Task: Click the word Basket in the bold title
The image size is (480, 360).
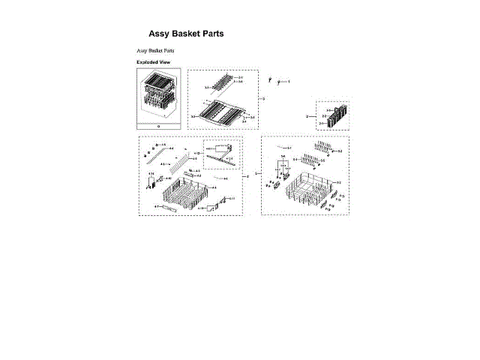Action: [x=187, y=34]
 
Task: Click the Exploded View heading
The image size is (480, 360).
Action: [x=153, y=61]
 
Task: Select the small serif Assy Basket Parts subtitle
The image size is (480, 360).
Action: [x=155, y=50]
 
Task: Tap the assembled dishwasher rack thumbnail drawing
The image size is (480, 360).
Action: [x=158, y=95]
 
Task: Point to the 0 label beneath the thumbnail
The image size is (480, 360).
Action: [x=158, y=125]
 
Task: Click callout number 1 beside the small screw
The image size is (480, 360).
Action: [x=288, y=81]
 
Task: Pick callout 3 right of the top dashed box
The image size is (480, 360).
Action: [x=263, y=99]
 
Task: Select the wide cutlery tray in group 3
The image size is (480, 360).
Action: [x=221, y=111]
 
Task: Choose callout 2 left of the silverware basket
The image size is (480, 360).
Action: [x=307, y=117]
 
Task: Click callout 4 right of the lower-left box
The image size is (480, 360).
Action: [x=248, y=176]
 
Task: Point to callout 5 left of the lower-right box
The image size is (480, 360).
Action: [x=256, y=174]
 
